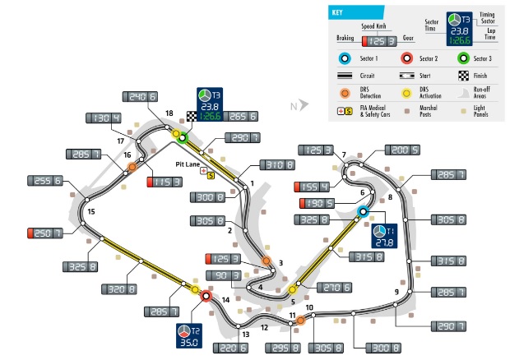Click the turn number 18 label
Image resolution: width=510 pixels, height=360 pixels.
point(169,113)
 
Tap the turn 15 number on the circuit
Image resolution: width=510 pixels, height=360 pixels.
point(91,212)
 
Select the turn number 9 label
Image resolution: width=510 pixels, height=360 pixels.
point(396,292)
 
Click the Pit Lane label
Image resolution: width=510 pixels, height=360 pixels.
point(188,164)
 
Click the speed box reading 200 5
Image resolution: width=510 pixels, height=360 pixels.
point(404,150)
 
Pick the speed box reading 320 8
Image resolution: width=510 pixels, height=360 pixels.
point(118,288)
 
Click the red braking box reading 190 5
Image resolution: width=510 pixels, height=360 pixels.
point(316,203)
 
